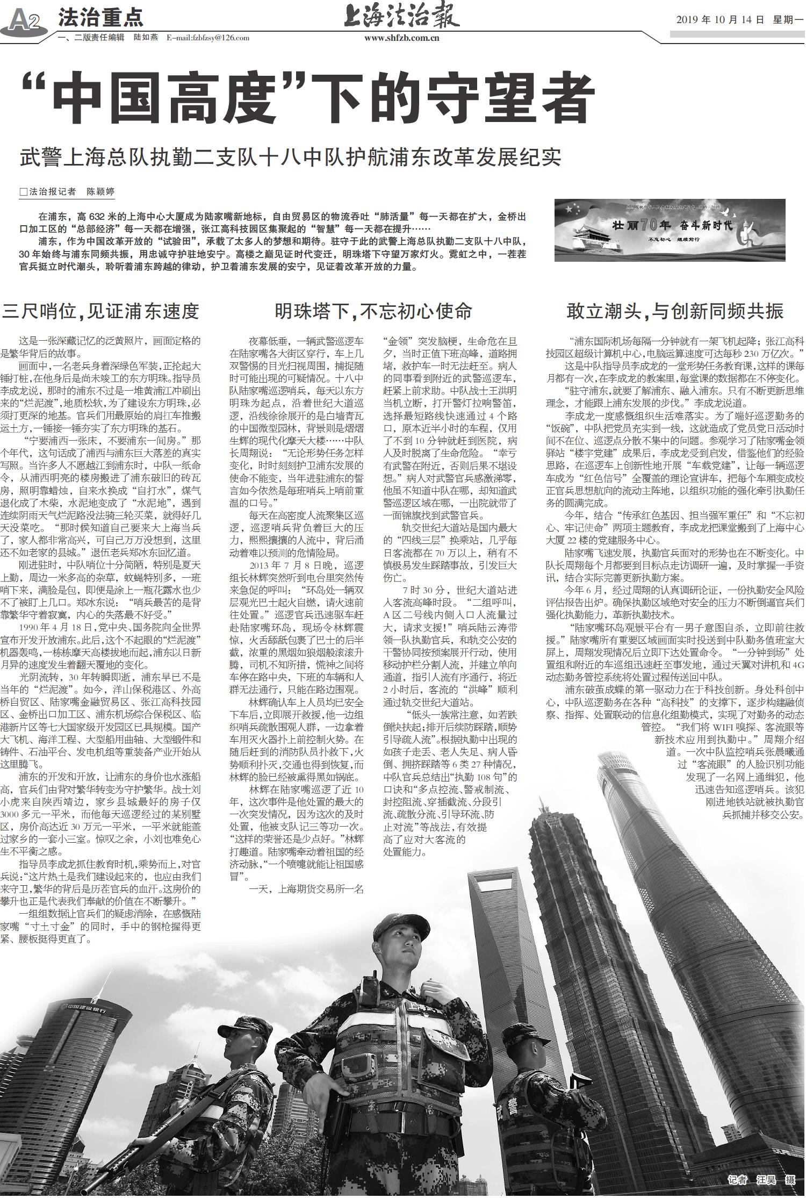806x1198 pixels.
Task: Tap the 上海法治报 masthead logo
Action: (x=402, y=16)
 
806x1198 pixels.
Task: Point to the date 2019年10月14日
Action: (x=719, y=20)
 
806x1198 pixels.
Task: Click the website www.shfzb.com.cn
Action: (x=402, y=38)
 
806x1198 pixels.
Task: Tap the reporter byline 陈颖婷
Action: (x=100, y=192)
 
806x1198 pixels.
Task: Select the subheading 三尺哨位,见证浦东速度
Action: (x=101, y=311)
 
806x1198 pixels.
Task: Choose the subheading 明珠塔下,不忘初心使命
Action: (x=373, y=311)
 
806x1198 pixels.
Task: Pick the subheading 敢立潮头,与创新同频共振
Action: (x=675, y=311)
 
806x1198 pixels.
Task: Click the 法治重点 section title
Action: (x=100, y=17)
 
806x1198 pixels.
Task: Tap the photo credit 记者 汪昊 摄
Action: (x=761, y=1179)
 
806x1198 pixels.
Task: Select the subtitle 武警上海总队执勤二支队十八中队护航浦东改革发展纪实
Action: (x=290, y=157)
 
